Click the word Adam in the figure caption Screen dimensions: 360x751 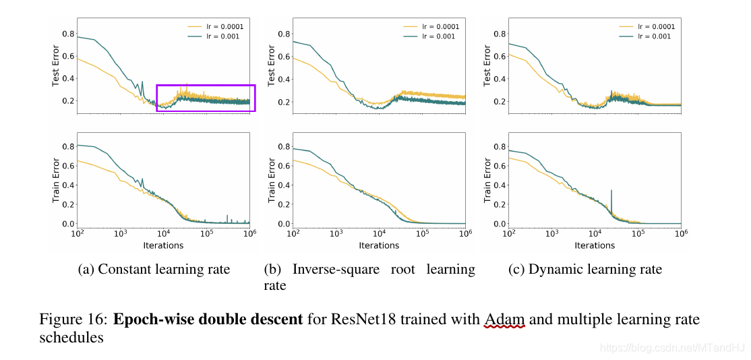pyautogui.click(x=504, y=319)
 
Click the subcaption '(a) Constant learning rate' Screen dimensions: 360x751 pyautogui.click(x=154, y=270)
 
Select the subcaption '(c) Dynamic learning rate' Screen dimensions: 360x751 pyautogui.click(x=585, y=270)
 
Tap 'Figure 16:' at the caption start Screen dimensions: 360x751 pyautogui.click(x=73, y=319)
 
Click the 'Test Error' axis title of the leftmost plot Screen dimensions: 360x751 pyautogui.click(x=56, y=65)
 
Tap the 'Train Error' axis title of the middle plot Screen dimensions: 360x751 pyautogui.click(x=272, y=180)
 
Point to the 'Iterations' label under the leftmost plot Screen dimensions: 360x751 pyautogui.click(x=163, y=245)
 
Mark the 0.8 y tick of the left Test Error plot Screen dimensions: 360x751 pyautogui.click(x=68, y=34)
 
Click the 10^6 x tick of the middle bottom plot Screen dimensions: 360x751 pyautogui.click(x=465, y=233)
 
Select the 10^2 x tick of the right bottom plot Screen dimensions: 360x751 pyautogui.click(x=509, y=233)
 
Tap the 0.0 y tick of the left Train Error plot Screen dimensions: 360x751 pyautogui.click(x=68, y=224)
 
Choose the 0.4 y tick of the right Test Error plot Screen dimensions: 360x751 pyautogui.click(x=500, y=79)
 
